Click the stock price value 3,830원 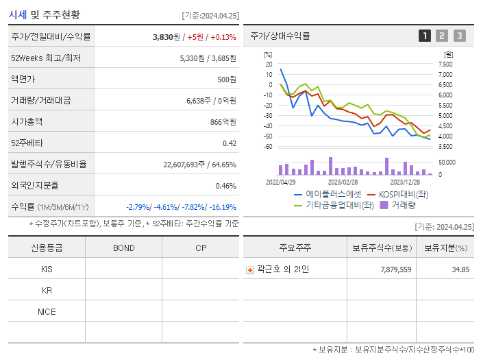click(x=166, y=37)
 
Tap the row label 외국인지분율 click(x=35, y=185)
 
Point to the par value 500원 click(x=226, y=80)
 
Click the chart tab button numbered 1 click(x=425, y=36)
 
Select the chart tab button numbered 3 click(x=459, y=36)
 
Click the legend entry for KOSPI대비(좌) click(x=399, y=194)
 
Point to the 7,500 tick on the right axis click(x=445, y=64)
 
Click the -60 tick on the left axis click(x=268, y=147)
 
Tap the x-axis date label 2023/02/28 click(x=343, y=182)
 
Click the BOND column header click(x=123, y=248)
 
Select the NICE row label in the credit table click(x=47, y=311)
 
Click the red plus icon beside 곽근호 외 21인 click(x=250, y=269)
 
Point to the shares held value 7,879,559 click(x=395, y=269)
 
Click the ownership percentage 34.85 click(x=460, y=269)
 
